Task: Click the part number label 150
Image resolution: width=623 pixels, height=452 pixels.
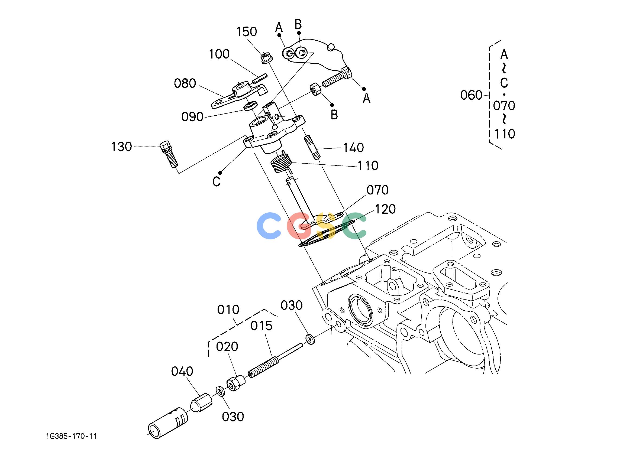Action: [247, 32]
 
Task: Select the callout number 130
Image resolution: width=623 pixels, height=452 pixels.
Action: [121, 147]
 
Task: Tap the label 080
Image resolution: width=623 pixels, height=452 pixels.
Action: [185, 83]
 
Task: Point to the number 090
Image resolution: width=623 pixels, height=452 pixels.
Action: [192, 117]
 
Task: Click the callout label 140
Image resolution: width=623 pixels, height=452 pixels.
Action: [354, 148]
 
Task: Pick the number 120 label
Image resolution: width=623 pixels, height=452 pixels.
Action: [385, 210]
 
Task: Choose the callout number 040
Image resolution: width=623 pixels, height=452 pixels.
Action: [182, 372]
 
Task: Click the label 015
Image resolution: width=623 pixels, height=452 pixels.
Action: [262, 326]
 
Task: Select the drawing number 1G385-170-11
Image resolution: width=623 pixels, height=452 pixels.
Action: [72, 436]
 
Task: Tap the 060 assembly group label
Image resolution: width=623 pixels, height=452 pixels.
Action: [471, 96]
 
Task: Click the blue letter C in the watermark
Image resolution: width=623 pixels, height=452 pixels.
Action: [269, 226]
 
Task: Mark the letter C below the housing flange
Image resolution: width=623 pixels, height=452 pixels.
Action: [217, 182]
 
